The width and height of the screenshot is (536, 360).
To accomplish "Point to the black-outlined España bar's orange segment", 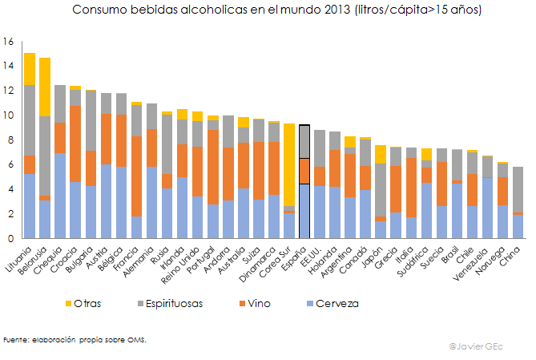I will pos(304,171).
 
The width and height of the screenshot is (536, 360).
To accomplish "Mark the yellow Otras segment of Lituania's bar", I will pos(30,68).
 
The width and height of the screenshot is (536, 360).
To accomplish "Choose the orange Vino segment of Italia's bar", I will pos(412,188).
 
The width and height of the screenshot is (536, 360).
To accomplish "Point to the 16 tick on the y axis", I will pos(9,41).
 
